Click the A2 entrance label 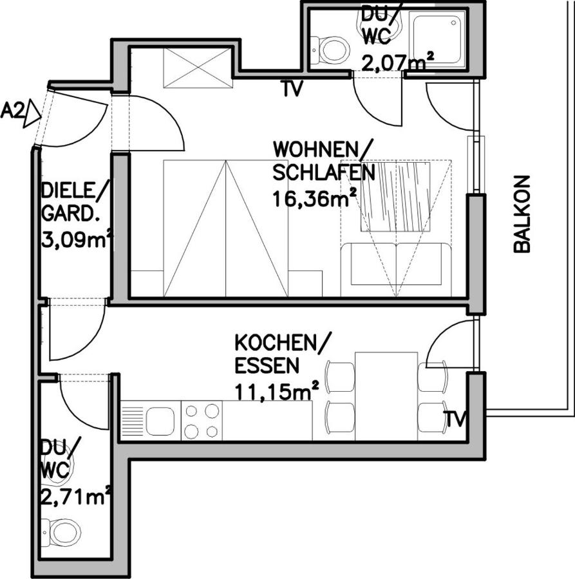click(x=13, y=111)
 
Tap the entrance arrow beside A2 click(x=33, y=114)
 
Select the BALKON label click(x=522, y=214)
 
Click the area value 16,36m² click(x=315, y=199)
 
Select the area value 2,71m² click(x=76, y=498)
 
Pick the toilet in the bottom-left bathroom click(x=61, y=533)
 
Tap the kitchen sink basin click(x=160, y=421)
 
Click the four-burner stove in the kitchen click(x=202, y=421)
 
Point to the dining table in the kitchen click(x=386, y=396)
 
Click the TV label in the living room click(x=292, y=88)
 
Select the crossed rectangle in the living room click(x=198, y=68)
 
